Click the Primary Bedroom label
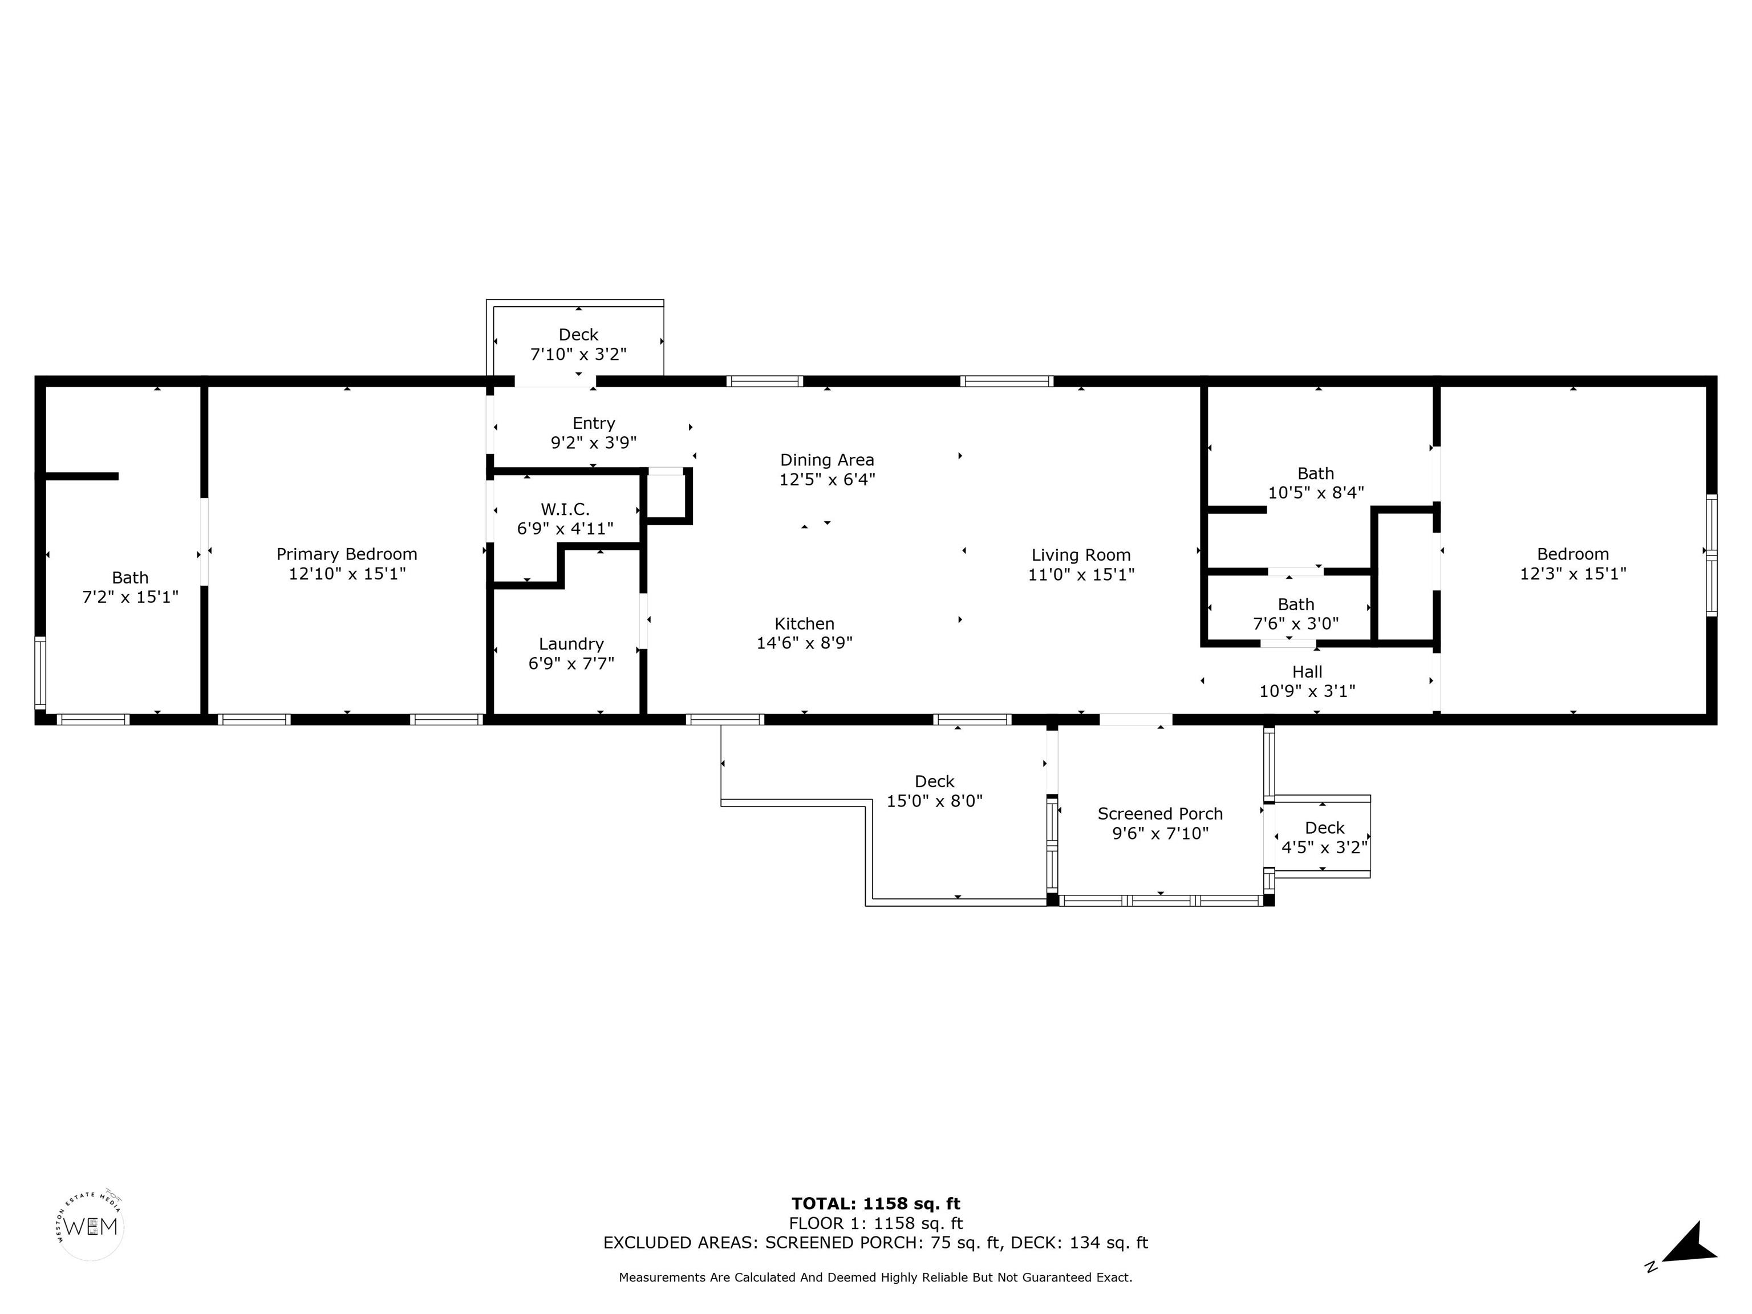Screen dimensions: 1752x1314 click(346, 554)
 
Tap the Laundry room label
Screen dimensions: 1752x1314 click(571, 644)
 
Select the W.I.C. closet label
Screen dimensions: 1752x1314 click(565, 509)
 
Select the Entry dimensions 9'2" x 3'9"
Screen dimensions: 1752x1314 click(593, 443)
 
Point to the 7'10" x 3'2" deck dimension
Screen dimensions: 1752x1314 click(578, 354)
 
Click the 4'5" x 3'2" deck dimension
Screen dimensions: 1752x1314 click(1324, 847)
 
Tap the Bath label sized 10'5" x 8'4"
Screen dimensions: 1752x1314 click(1316, 473)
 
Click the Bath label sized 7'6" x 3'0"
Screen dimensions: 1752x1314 click(1296, 605)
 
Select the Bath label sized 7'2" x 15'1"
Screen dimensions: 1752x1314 click(130, 577)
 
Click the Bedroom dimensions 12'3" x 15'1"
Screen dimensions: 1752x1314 click(1572, 573)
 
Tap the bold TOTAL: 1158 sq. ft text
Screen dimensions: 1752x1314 click(875, 1204)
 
